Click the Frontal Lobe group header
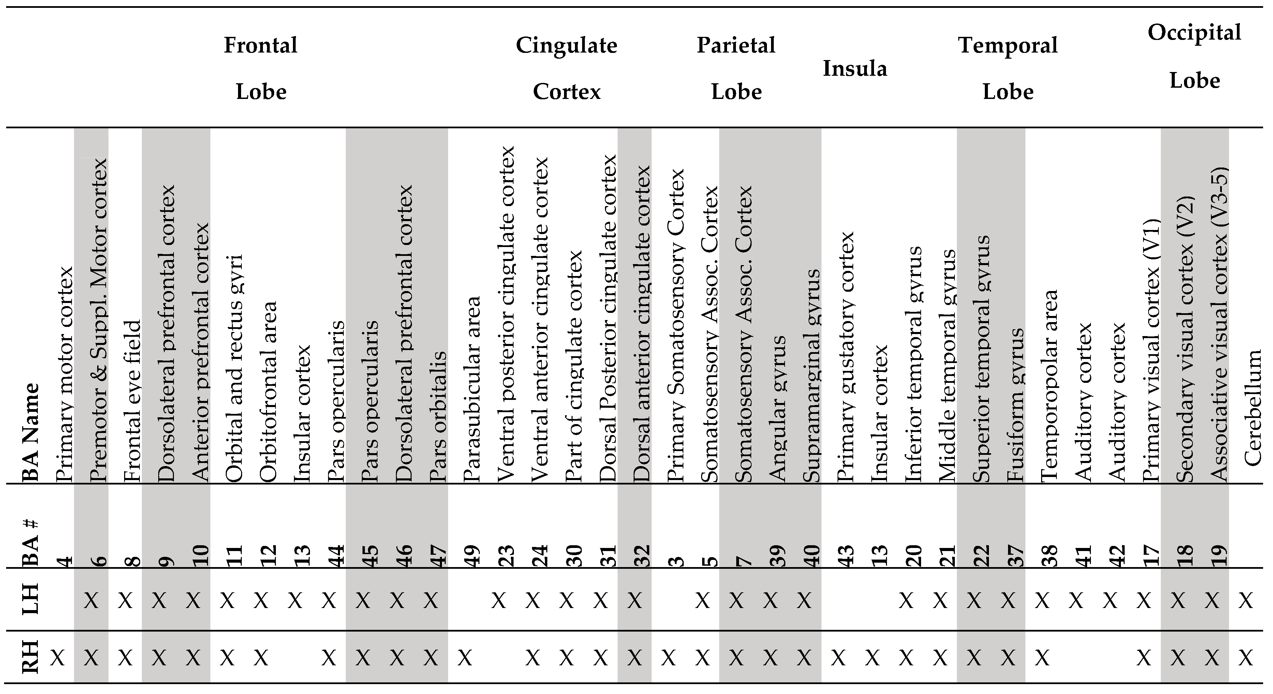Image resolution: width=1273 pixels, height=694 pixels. click(261, 68)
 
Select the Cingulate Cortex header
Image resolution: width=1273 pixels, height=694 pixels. click(566, 68)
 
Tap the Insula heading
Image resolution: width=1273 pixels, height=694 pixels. click(855, 68)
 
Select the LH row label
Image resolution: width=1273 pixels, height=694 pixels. click(31, 600)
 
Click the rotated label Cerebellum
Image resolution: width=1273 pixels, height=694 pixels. click(1253, 408)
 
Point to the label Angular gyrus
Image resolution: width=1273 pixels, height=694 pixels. click(778, 408)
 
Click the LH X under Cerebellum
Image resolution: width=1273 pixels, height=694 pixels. click(1246, 601)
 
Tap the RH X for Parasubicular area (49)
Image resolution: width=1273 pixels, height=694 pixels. click(464, 657)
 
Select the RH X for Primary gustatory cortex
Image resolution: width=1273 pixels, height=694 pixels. click(838, 657)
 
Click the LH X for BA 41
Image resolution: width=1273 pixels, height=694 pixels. click(1076, 601)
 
